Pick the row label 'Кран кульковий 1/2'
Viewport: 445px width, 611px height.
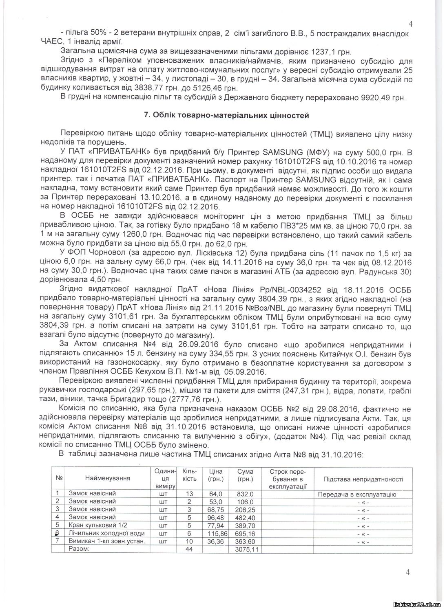pos(95,525)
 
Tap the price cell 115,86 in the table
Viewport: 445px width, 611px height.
pos(216,533)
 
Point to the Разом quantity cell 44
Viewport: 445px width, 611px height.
pos(189,549)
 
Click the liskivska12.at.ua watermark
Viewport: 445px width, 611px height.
pos(416,604)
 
